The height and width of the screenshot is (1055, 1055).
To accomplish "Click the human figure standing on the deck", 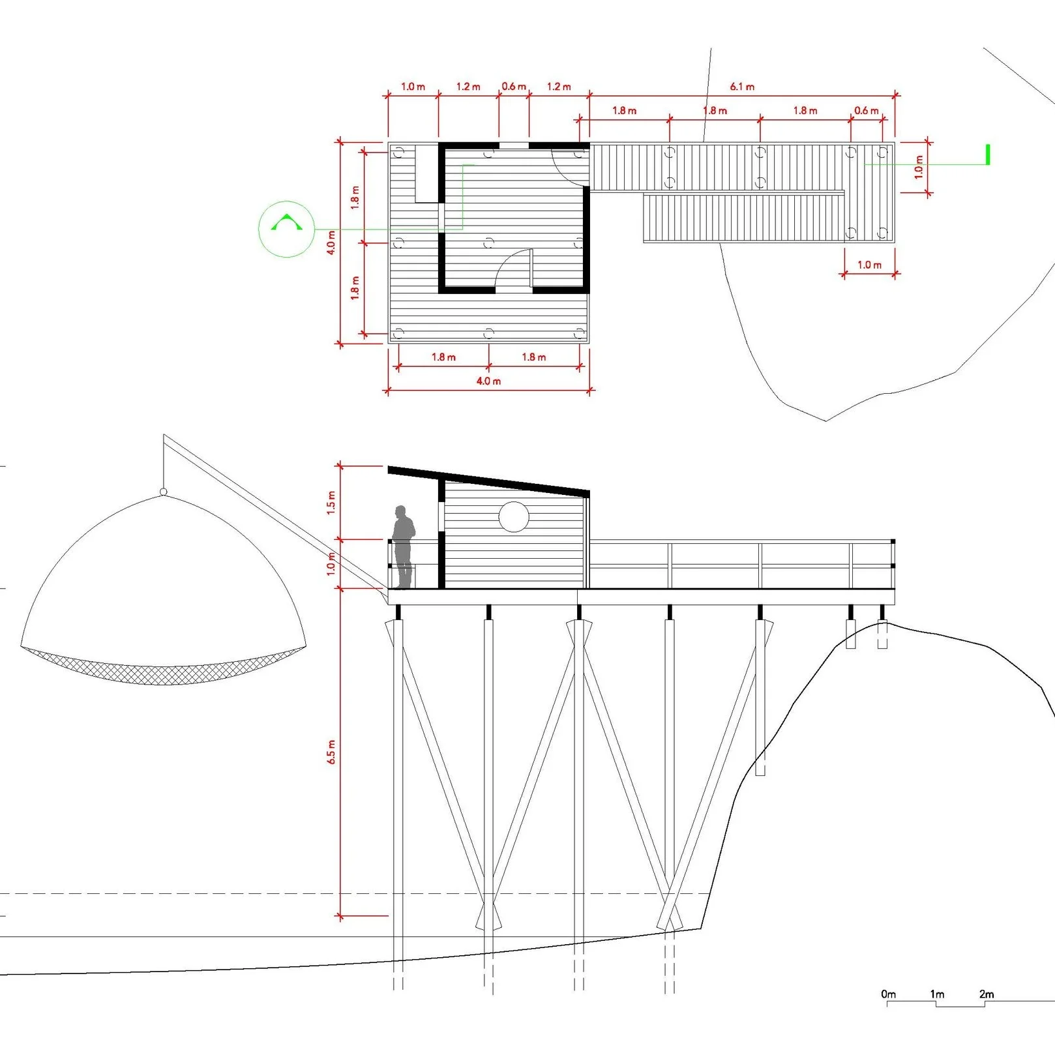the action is (x=404, y=546).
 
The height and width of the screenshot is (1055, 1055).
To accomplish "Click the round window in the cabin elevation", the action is (x=514, y=517).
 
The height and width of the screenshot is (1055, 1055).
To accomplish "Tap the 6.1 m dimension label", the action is (x=742, y=87).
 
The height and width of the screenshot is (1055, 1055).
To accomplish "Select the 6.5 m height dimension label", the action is (x=331, y=752).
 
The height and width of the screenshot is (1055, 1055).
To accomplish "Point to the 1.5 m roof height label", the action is (x=331, y=503).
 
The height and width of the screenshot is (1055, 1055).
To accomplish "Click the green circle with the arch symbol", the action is (x=287, y=229).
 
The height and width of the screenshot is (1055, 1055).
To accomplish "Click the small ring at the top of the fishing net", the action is (x=163, y=492).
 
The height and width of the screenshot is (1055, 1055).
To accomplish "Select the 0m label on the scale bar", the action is (x=888, y=994).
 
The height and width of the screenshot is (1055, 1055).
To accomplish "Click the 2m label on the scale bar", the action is (x=986, y=994).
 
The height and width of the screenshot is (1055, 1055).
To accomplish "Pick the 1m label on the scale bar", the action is (x=937, y=994).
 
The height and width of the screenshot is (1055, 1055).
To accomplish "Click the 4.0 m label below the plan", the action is (x=488, y=381).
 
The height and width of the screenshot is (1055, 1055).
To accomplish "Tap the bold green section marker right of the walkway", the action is (x=988, y=155).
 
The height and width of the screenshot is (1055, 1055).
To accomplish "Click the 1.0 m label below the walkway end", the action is (x=869, y=265).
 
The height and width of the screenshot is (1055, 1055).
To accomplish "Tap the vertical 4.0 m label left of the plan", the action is (x=331, y=243).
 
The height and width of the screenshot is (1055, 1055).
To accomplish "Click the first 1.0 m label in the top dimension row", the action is (x=413, y=87).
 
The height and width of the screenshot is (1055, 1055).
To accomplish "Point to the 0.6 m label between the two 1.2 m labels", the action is (x=514, y=87).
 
